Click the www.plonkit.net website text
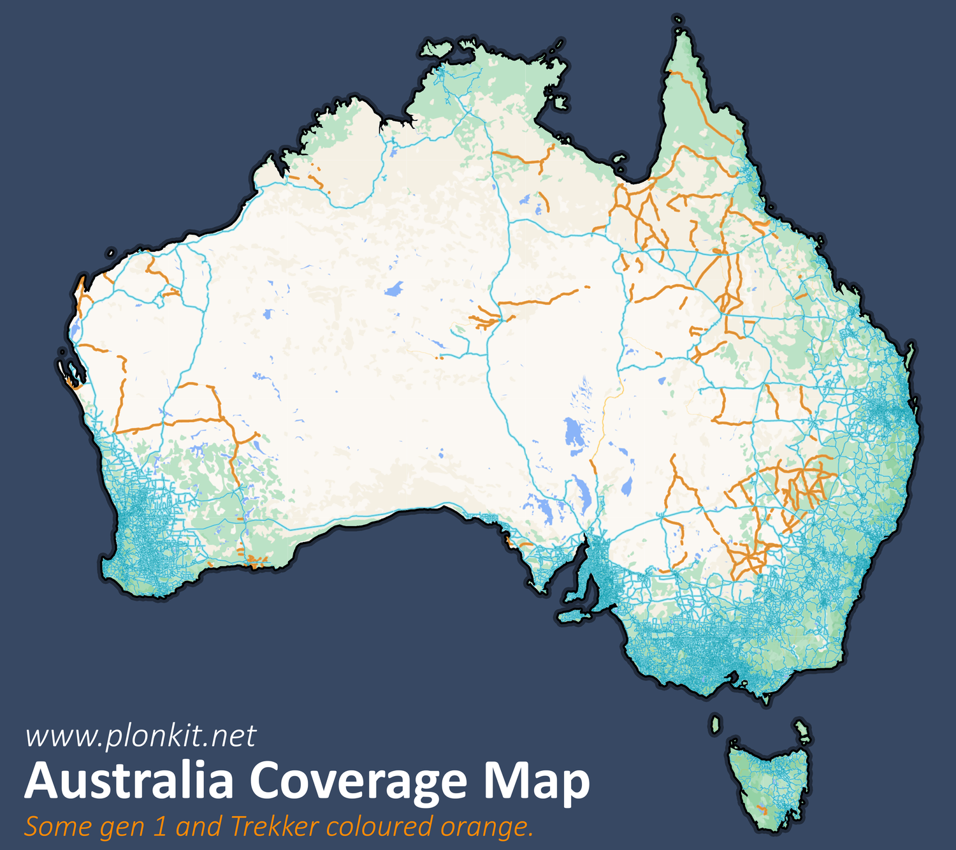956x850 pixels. pyautogui.click(x=140, y=736)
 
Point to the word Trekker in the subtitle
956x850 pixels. pyautogui.click(x=274, y=827)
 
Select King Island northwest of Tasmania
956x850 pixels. pyautogui.click(x=716, y=724)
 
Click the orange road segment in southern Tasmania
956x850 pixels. pyautogui.click(x=762, y=810)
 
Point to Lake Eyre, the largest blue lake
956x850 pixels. pyautogui.click(x=574, y=433)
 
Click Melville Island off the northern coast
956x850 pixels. pyautogui.click(x=437, y=48)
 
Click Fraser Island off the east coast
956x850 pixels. pyautogui.click(x=913, y=355)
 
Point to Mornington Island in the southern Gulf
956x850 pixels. pyautogui.click(x=619, y=159)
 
